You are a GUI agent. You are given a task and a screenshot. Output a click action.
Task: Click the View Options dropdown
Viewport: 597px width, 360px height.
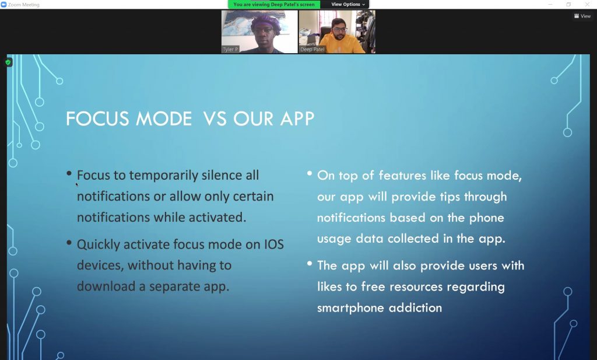[347, 5]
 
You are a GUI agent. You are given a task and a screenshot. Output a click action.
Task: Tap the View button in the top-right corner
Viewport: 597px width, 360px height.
[582, 16]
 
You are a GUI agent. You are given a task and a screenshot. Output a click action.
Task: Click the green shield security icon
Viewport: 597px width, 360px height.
[8, 62]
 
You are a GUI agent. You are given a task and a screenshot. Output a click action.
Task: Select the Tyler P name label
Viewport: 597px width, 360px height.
[230, 50]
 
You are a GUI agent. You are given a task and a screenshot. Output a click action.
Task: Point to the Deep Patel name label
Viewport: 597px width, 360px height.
[312, 50]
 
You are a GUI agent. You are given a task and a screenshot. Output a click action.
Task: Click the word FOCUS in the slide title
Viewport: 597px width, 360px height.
[97, 119]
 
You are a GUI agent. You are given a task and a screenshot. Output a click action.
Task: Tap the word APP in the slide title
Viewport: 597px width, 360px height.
[297, 119]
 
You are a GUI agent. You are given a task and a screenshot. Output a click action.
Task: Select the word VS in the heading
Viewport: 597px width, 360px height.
[215, 119]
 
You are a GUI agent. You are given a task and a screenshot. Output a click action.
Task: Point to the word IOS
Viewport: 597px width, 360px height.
[274, 244]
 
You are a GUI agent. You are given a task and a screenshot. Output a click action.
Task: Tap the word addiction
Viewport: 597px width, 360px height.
[415, 308]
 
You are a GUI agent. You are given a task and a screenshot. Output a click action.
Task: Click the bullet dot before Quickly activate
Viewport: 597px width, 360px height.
[69, 242]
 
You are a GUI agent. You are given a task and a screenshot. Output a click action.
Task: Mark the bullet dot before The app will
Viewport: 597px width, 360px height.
[310, 263]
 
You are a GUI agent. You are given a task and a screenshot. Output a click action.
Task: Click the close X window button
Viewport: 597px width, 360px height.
[587, 4]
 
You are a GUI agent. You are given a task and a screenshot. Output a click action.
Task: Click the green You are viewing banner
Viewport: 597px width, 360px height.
[274, 5]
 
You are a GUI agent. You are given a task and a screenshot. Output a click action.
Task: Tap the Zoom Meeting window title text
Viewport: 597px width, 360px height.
[23, 5]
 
